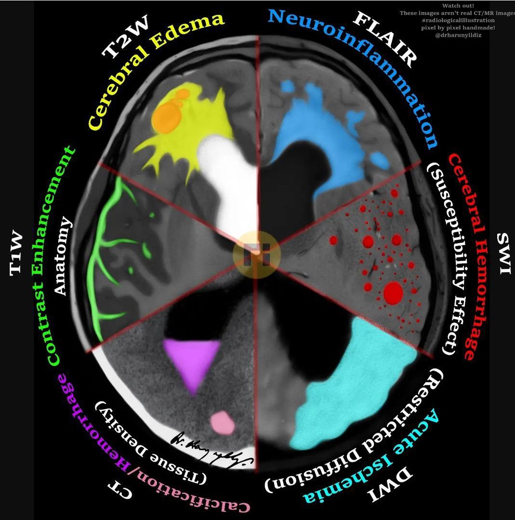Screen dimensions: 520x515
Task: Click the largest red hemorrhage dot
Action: coord(394,292)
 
